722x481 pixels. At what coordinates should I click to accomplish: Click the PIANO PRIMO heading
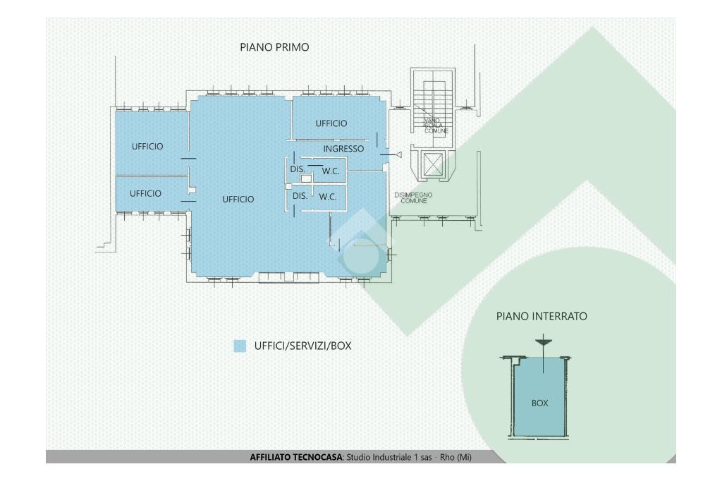274,48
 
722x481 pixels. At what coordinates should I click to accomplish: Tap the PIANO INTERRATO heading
541,317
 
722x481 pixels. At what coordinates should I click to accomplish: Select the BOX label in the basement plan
540,404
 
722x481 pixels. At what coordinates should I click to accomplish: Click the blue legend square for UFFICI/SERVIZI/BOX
240,346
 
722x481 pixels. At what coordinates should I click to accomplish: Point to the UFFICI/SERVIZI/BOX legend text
302,346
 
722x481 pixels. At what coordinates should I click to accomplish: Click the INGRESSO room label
343,149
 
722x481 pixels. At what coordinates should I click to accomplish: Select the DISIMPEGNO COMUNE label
413,197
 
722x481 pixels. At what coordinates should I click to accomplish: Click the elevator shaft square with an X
432,166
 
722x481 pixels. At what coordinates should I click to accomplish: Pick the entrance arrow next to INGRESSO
398,154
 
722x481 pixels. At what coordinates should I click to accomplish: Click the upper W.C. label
331,171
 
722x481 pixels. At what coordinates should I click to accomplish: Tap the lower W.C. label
327,197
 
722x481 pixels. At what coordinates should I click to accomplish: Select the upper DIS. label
297,169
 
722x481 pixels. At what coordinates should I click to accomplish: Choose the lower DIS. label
300,196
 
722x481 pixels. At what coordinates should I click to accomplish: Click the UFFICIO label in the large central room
238,200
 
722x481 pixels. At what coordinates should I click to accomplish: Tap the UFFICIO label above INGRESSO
331,123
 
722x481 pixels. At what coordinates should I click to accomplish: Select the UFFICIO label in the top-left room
147,147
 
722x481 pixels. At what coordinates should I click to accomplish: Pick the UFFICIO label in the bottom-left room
146,193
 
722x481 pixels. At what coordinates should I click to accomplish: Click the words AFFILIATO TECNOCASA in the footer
295,458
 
